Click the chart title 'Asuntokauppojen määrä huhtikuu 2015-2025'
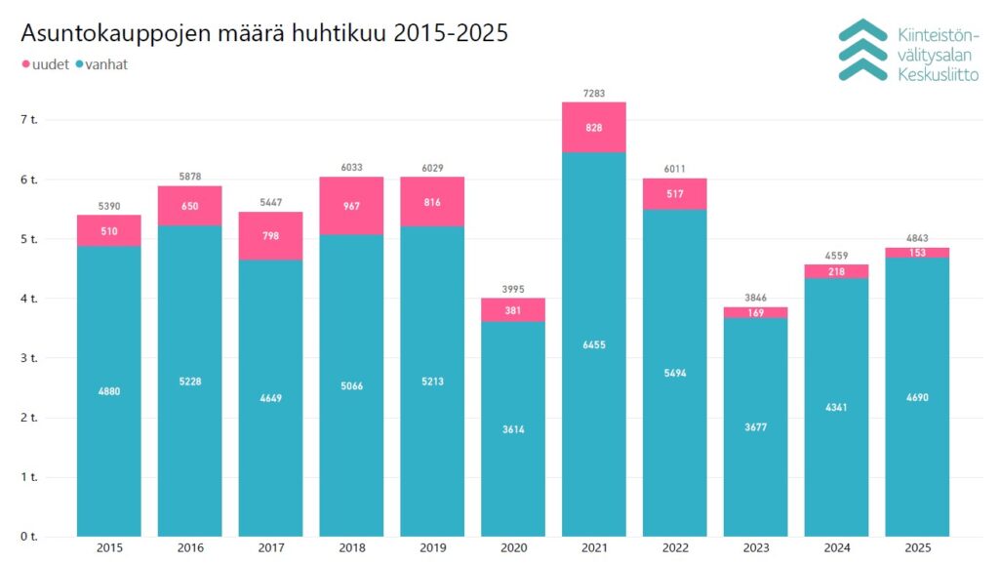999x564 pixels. coord(264,33)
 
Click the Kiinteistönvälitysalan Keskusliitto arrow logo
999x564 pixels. coord(862,50)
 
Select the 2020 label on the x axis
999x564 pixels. coord(513,548)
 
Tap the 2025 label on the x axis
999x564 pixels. coord(917,548)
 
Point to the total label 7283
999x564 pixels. coord(594,94)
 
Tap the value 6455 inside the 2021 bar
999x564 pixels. coord(594,344)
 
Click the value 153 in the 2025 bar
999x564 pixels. coord(917,253)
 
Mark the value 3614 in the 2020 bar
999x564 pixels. coord(513,429)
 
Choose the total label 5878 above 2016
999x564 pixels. coord(190,177)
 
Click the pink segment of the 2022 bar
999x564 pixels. coord(675,194)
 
